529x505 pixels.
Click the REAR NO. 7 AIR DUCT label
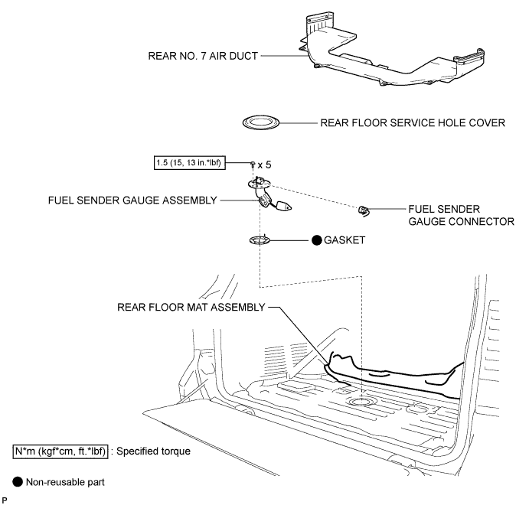[203, 56]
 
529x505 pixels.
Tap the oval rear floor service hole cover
[261, 122]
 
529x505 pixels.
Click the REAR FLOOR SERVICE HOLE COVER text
[413, 122]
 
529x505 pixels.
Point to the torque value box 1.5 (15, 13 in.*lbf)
[190, 163]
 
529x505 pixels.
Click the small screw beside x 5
[253, 165]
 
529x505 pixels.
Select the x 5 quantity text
[265, 165]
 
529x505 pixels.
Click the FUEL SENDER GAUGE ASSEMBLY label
[132, 200]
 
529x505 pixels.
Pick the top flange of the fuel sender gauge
[259, 184]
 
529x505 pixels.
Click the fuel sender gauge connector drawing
[364, 211]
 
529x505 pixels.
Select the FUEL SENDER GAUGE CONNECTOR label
[461, 215]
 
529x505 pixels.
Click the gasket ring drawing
[260, 240]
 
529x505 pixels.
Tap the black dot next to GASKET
[316, 240]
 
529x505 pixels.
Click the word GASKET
[345, 240]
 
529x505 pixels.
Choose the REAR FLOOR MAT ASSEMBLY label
[191, 308]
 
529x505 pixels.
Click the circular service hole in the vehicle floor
[362, 401]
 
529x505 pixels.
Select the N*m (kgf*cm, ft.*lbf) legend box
[60, 451]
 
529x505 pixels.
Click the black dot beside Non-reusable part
[18, 482]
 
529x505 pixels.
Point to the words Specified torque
[153, 451]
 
